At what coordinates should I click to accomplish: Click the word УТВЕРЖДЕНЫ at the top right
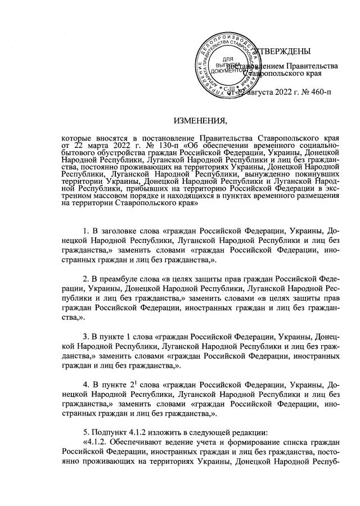283,52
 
